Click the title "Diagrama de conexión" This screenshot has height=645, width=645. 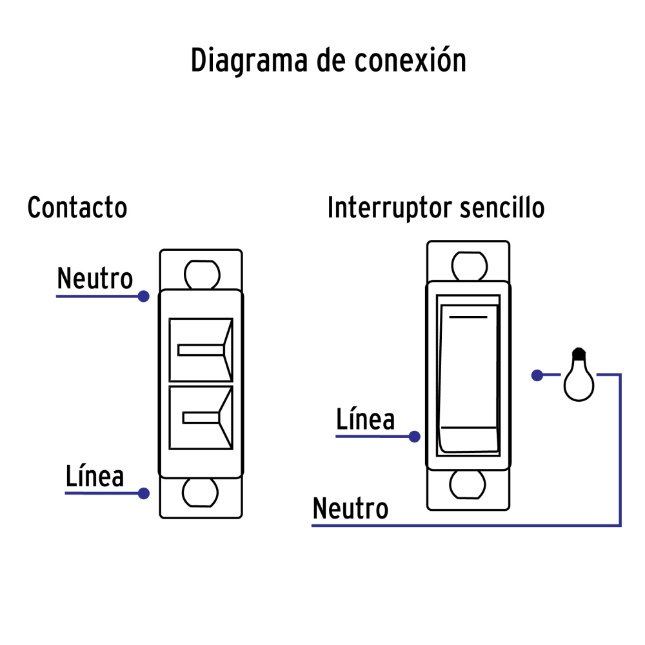(x=328, y=61)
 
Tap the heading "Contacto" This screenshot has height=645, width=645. (x=77, y=208)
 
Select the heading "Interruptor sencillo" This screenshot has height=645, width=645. (x=436, y=208)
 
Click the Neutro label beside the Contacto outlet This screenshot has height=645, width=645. (x=95, y=279)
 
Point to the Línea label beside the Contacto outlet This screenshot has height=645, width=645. (x=95, y=477)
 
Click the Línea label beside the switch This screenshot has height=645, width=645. (x=365, y=420)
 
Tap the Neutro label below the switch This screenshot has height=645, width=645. (x=350, y=509)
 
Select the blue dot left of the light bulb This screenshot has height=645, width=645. (x=537, y=375)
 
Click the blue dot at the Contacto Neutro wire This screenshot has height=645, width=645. (x=144, y=297)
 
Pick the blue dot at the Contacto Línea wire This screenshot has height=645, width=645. (x=144, y=493)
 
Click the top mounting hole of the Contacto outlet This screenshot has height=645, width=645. (x=201, y=274)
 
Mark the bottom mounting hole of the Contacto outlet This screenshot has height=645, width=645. (x=201, y=493)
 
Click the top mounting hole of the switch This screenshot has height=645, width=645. (x=468, y=265)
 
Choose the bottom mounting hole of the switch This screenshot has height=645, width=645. (x=468, y=484)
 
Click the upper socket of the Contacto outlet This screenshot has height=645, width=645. (x=201, y=350)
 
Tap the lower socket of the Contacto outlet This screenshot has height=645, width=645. (x=201, y=418)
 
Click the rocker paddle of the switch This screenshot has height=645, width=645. (x=469, y=377)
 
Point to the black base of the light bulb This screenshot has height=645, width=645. (x=579, y=353)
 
